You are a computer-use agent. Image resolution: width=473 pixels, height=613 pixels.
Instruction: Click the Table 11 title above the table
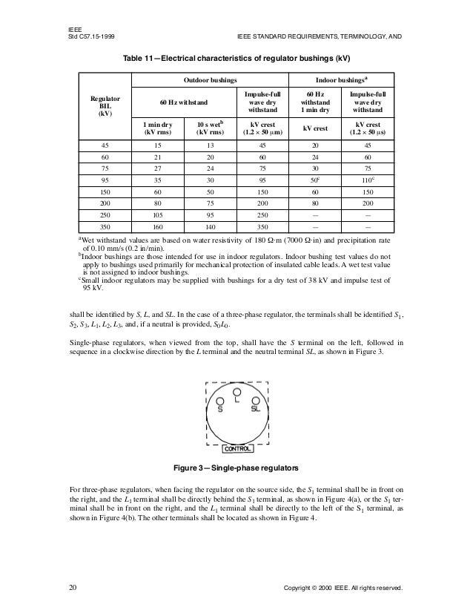pyautogui.click(x=236, y=58)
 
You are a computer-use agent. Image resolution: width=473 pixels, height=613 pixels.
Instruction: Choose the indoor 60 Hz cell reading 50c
pyautogui.click(x=316, y=180)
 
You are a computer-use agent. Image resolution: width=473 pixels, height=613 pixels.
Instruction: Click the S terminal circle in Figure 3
pyautogui.click(x=221, y=400)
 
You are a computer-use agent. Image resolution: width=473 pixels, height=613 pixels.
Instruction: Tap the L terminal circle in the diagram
pyautogui.click(x=236, y=391)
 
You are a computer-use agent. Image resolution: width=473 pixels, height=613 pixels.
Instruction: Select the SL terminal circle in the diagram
pyautogui.click(x=254, y=400)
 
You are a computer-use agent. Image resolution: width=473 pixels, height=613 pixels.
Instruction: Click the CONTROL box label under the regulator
pyautogui.click(x=238, y=449)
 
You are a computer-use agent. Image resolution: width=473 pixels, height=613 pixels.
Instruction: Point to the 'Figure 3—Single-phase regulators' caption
pyautogui.click(x=236, y=469)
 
